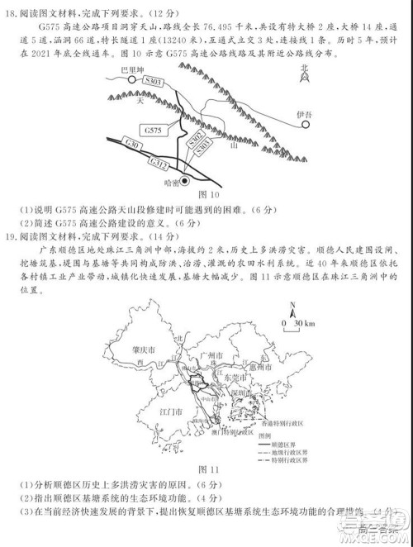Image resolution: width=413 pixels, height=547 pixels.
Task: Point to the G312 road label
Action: click(x=159, y=165)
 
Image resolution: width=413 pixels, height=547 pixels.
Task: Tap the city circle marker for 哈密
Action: click(x=186, y=180)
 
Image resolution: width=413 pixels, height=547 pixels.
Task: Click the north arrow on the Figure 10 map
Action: click(x=305, y=78)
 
